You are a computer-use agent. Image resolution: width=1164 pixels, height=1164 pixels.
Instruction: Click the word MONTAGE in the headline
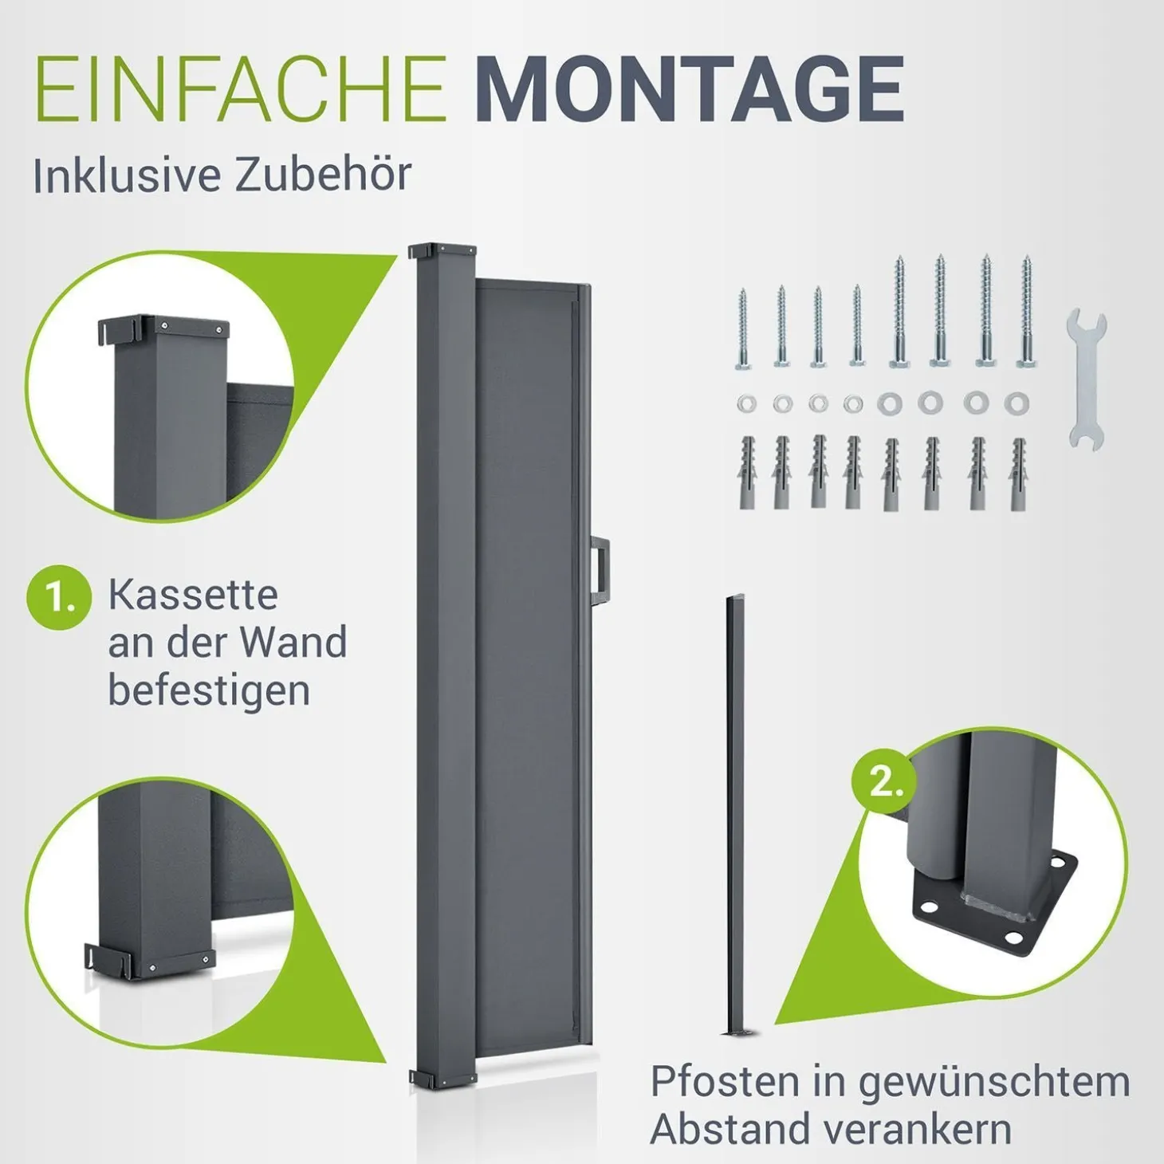694,89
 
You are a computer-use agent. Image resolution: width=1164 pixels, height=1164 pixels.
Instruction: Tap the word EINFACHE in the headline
241,89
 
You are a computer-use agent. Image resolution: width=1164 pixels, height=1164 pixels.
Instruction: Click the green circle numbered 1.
59,597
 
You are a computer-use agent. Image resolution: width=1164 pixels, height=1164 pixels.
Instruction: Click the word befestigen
209,691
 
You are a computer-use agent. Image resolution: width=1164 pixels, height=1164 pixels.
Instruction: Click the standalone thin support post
736,816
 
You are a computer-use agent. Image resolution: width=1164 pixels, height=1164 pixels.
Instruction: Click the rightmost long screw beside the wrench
1026,311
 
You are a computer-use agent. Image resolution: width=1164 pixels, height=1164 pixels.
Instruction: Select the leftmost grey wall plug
745,473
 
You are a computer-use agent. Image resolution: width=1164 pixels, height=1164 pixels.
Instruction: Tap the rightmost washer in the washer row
1017,403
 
